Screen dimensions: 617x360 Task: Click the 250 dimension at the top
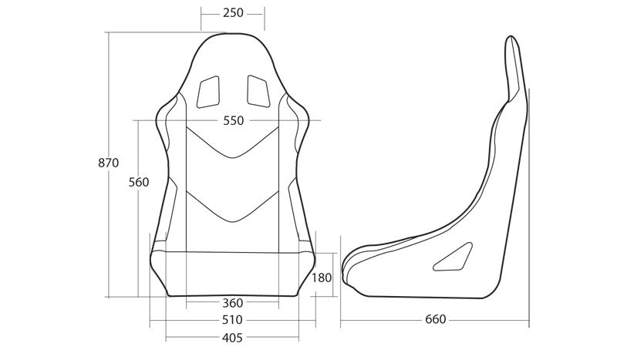click(x=233, y=13)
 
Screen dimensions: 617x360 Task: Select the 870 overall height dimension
click(x=108, y=163)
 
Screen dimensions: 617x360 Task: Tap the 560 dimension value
click(x=139, y=182)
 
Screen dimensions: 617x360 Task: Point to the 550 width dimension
click(x=234, y=120)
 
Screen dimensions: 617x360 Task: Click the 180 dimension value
click(x=322, y=278)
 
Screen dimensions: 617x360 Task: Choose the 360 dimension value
click(x=233, y=303)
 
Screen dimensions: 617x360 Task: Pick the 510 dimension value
click(x=232, y=320)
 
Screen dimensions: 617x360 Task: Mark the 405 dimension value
click(x=232, y=338)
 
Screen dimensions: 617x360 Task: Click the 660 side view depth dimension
click(x=436, y=319)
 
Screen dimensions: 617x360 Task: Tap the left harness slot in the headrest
click(x=208, y=92)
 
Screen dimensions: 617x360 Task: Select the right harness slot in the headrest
click(x=258, y=91)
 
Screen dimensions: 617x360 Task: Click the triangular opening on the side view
click(x=453, y=257)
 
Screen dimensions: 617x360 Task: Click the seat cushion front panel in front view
click(x=233, y=274)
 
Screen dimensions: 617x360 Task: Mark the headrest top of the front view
click(x=233, y=34)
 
